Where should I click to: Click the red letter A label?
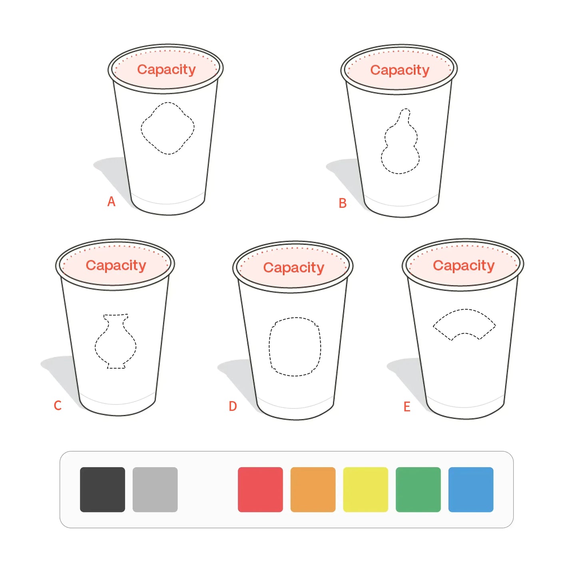112,201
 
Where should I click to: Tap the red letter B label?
343,203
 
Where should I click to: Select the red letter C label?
58,405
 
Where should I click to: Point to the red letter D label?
233,406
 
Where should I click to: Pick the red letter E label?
407,407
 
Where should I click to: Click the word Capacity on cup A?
166,70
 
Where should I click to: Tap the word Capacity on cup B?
400,70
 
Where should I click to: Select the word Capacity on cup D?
293,268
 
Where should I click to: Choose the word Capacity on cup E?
464,266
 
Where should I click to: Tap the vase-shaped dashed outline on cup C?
116,342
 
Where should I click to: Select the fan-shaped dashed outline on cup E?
464,323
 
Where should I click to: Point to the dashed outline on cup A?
167,128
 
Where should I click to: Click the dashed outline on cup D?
295,347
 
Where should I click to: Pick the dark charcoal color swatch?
102,490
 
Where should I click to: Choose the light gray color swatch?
155,490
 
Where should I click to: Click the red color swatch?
260,490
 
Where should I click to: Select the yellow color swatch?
365,490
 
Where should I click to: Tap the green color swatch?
418,490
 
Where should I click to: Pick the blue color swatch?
471,490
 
